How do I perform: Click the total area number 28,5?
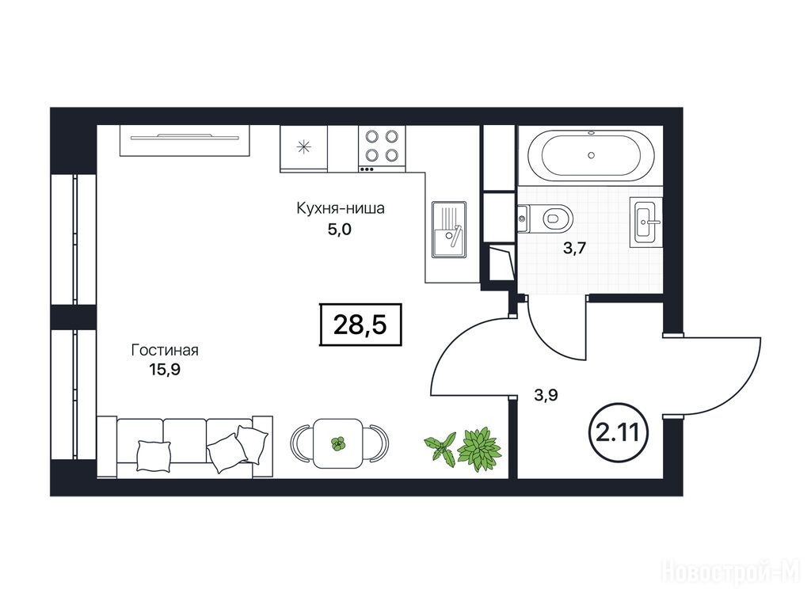coord(360,325)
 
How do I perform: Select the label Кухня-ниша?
coord(341,209)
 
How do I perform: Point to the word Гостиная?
coord(165,350)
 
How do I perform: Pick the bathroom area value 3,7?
coord(574,248)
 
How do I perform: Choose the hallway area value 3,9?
coord(546,396)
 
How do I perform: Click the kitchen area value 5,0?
coord(339,229)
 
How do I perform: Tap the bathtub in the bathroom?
coord(591,155)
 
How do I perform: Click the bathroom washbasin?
coord(645,222)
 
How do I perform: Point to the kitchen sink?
coord(449,230)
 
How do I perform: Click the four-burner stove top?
coord(382,149)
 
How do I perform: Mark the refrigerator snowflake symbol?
coord(303,147)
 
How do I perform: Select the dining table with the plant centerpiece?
coord(338,443)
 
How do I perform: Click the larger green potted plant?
coord(479,449)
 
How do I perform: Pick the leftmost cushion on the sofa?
coord(154,455)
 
